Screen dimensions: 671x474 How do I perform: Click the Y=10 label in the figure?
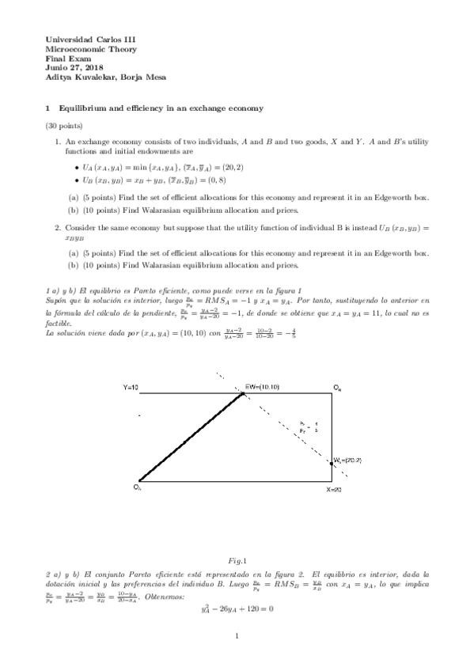click(131, 388)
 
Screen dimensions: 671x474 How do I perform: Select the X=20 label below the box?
click(336, 491)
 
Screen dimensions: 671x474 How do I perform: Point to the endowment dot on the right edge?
click(332, 461)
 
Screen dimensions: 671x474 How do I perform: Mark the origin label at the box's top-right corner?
click(338, 388)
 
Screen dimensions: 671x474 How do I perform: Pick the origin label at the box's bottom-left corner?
click(137, 487)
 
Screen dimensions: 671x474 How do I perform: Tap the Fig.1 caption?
click(237, 559)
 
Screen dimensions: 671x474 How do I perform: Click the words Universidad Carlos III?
click(81, 39)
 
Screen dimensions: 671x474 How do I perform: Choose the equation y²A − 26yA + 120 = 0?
click(237, 609)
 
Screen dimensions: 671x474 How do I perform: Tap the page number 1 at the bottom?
click(237, 636)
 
